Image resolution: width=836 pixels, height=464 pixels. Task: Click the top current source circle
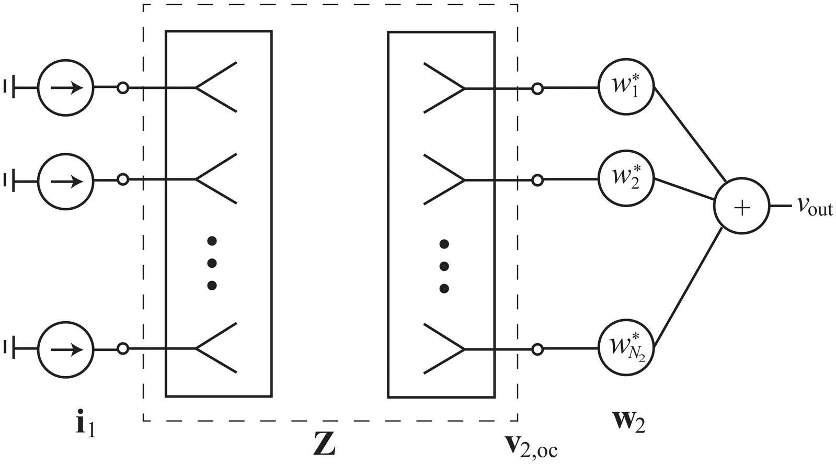(x=65, y=87)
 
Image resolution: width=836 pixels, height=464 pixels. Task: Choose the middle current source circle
(x=65, y=181)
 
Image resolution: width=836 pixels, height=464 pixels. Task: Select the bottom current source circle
(x=65, y=349)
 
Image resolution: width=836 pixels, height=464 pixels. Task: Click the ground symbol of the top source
(x=10, y=87)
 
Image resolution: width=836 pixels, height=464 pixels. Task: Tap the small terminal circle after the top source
(x=123, y=88)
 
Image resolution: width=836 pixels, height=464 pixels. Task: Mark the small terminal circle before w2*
(x=537, y=180)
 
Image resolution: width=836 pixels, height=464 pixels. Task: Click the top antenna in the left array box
(x=215, y=87)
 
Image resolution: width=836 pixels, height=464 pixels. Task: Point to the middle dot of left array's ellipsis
(x=212, y=263)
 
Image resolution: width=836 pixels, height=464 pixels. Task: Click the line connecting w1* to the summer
(x=688, y=136)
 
